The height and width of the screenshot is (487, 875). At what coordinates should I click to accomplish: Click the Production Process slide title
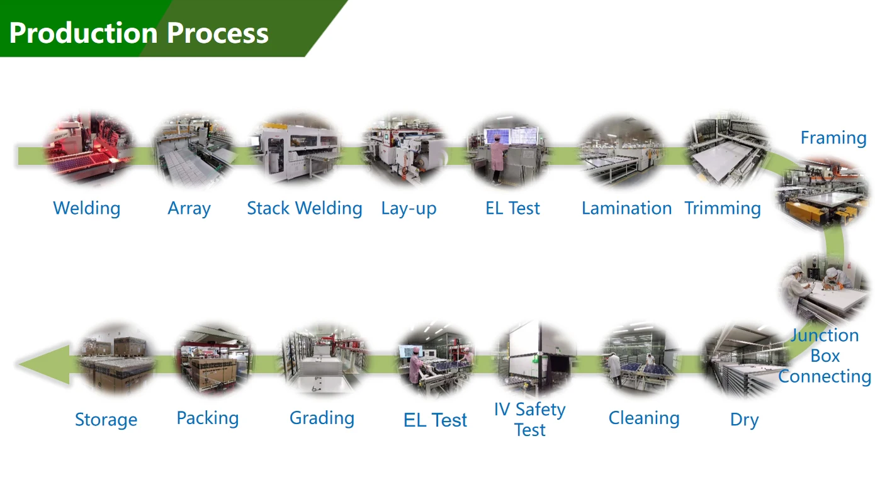pos(139,32)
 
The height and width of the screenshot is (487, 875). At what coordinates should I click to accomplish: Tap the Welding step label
pos(87,208)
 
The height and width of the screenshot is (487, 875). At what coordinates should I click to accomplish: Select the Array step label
pos(189,208)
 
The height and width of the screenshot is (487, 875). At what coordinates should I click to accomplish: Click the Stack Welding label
pos(305,208)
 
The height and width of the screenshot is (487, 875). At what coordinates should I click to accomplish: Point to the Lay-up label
pos(409,209)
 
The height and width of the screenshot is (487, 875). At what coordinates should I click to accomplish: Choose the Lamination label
pos(626,208)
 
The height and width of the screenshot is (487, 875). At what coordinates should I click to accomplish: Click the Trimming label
pos(723,208)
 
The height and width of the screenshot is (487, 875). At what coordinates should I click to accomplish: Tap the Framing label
pos(833,138)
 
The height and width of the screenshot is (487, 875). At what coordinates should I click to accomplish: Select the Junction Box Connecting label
pos(825,355)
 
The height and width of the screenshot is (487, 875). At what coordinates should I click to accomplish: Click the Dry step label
pos(744,420)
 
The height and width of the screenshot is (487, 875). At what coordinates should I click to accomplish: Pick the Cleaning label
pos(644,418)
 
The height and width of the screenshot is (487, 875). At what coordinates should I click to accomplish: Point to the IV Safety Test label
pos(530,420)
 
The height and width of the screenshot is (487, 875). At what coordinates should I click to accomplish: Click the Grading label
pos(322,418)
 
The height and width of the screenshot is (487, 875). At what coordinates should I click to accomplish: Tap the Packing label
pos(208,418)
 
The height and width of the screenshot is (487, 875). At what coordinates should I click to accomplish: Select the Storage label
pos(106,420)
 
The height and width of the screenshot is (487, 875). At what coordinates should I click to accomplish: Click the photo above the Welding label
pos(88,150)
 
